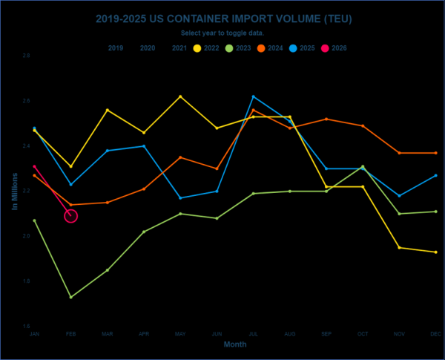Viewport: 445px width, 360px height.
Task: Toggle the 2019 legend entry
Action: click(116, 48)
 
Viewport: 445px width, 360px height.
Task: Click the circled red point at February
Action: click(70, 216)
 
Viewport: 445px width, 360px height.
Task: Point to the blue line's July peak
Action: click(254, 96)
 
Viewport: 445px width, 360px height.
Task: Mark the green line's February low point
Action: click(70, 297)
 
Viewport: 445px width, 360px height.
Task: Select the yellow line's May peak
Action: click(180, 96)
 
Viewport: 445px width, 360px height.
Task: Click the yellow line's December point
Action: click(435, 252)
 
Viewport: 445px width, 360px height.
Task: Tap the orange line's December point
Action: click(435, 153)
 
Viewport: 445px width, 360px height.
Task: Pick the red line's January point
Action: click(35, 166)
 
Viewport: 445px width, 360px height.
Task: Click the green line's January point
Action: click(35, 220)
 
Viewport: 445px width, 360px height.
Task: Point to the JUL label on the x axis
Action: click(254, 335)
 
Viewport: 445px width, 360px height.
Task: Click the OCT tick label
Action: click(363, 335)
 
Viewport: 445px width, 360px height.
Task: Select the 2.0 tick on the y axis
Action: click(25, 236)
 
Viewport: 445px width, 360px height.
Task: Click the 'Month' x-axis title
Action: click(235, 344)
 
